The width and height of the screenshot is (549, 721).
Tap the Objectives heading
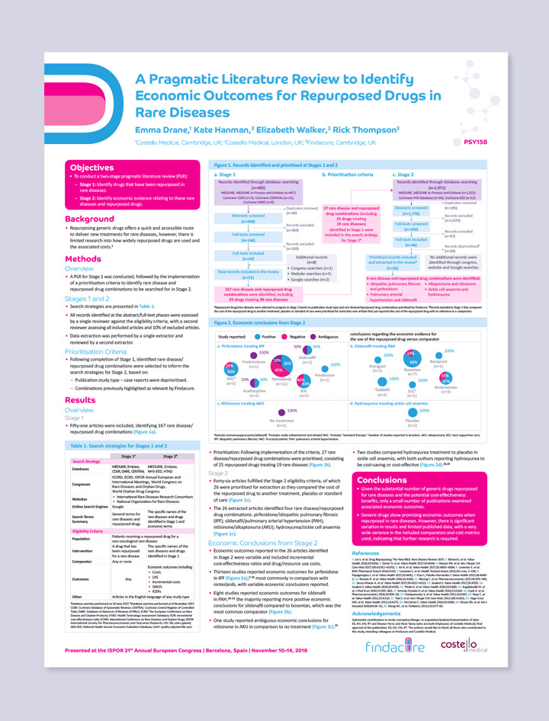point(92,168)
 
